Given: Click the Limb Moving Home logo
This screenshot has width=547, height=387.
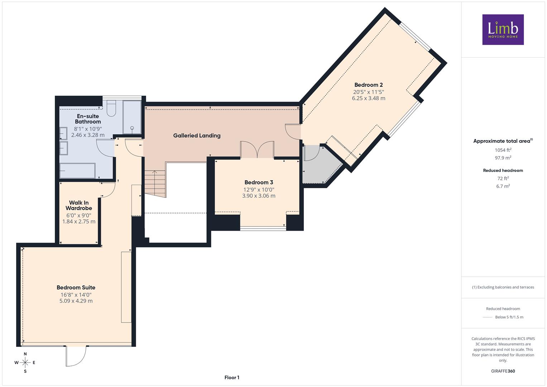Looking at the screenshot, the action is point(503,29).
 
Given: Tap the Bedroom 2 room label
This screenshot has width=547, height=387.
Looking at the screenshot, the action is point(369,85).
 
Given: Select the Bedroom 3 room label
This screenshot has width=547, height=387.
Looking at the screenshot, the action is point(259,182).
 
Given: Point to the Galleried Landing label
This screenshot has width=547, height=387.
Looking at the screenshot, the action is point(197,135).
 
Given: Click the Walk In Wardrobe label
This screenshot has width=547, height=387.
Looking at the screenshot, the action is point(79,205).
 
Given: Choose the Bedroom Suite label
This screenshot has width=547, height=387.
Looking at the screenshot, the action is point(76,287).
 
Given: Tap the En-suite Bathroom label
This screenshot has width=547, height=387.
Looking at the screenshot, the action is point(88,119).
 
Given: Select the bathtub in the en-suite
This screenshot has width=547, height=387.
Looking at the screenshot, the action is point(77,171).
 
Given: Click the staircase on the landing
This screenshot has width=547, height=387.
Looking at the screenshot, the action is point(155,184).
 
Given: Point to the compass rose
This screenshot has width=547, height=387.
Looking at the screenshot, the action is point(25,363).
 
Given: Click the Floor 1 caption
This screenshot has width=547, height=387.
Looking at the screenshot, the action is point(232,377).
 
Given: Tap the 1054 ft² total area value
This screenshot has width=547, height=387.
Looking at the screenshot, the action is point(503,150).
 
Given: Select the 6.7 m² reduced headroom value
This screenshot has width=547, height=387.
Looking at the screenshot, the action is point(503,186).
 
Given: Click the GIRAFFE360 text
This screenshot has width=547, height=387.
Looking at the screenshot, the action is point(503,371).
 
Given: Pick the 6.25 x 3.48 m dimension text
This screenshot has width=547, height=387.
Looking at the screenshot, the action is point(369,98).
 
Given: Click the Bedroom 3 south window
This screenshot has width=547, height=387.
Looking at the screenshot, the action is point(263,229).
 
